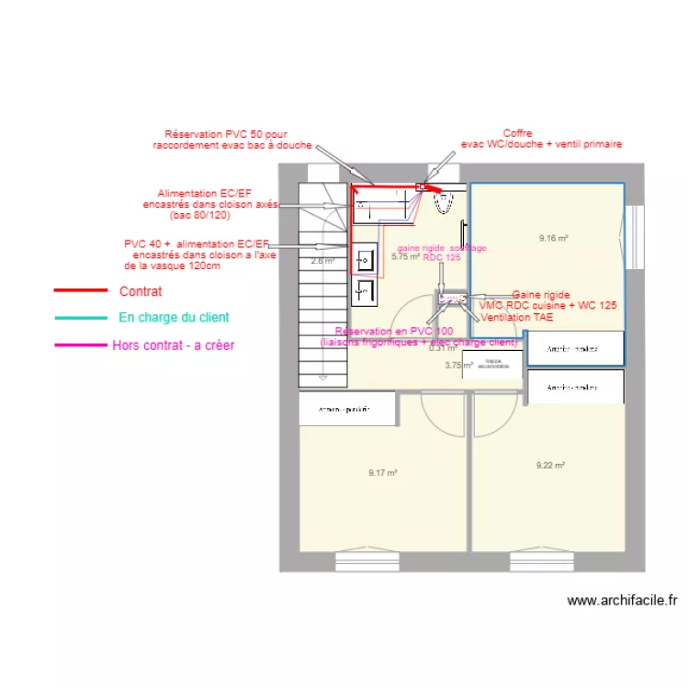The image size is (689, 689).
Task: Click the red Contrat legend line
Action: (80, 291)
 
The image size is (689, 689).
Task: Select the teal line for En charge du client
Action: (80, 318)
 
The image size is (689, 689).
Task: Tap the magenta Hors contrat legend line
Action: (80, 346)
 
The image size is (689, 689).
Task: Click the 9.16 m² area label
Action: (553, 239)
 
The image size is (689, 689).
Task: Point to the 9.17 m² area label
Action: (382, 473)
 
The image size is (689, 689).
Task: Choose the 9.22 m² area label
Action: (551, 466)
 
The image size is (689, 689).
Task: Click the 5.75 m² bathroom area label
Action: (405, 257)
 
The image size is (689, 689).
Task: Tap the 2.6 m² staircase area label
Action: (322, 261)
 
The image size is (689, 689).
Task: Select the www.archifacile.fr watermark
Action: (622, 601)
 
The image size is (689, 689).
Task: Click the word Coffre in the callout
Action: (517, 133)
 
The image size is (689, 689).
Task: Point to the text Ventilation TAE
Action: (516, 317)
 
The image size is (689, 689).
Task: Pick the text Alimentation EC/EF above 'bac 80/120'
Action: (205, 194)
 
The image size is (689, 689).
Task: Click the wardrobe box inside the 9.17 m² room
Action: (347, 408)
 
